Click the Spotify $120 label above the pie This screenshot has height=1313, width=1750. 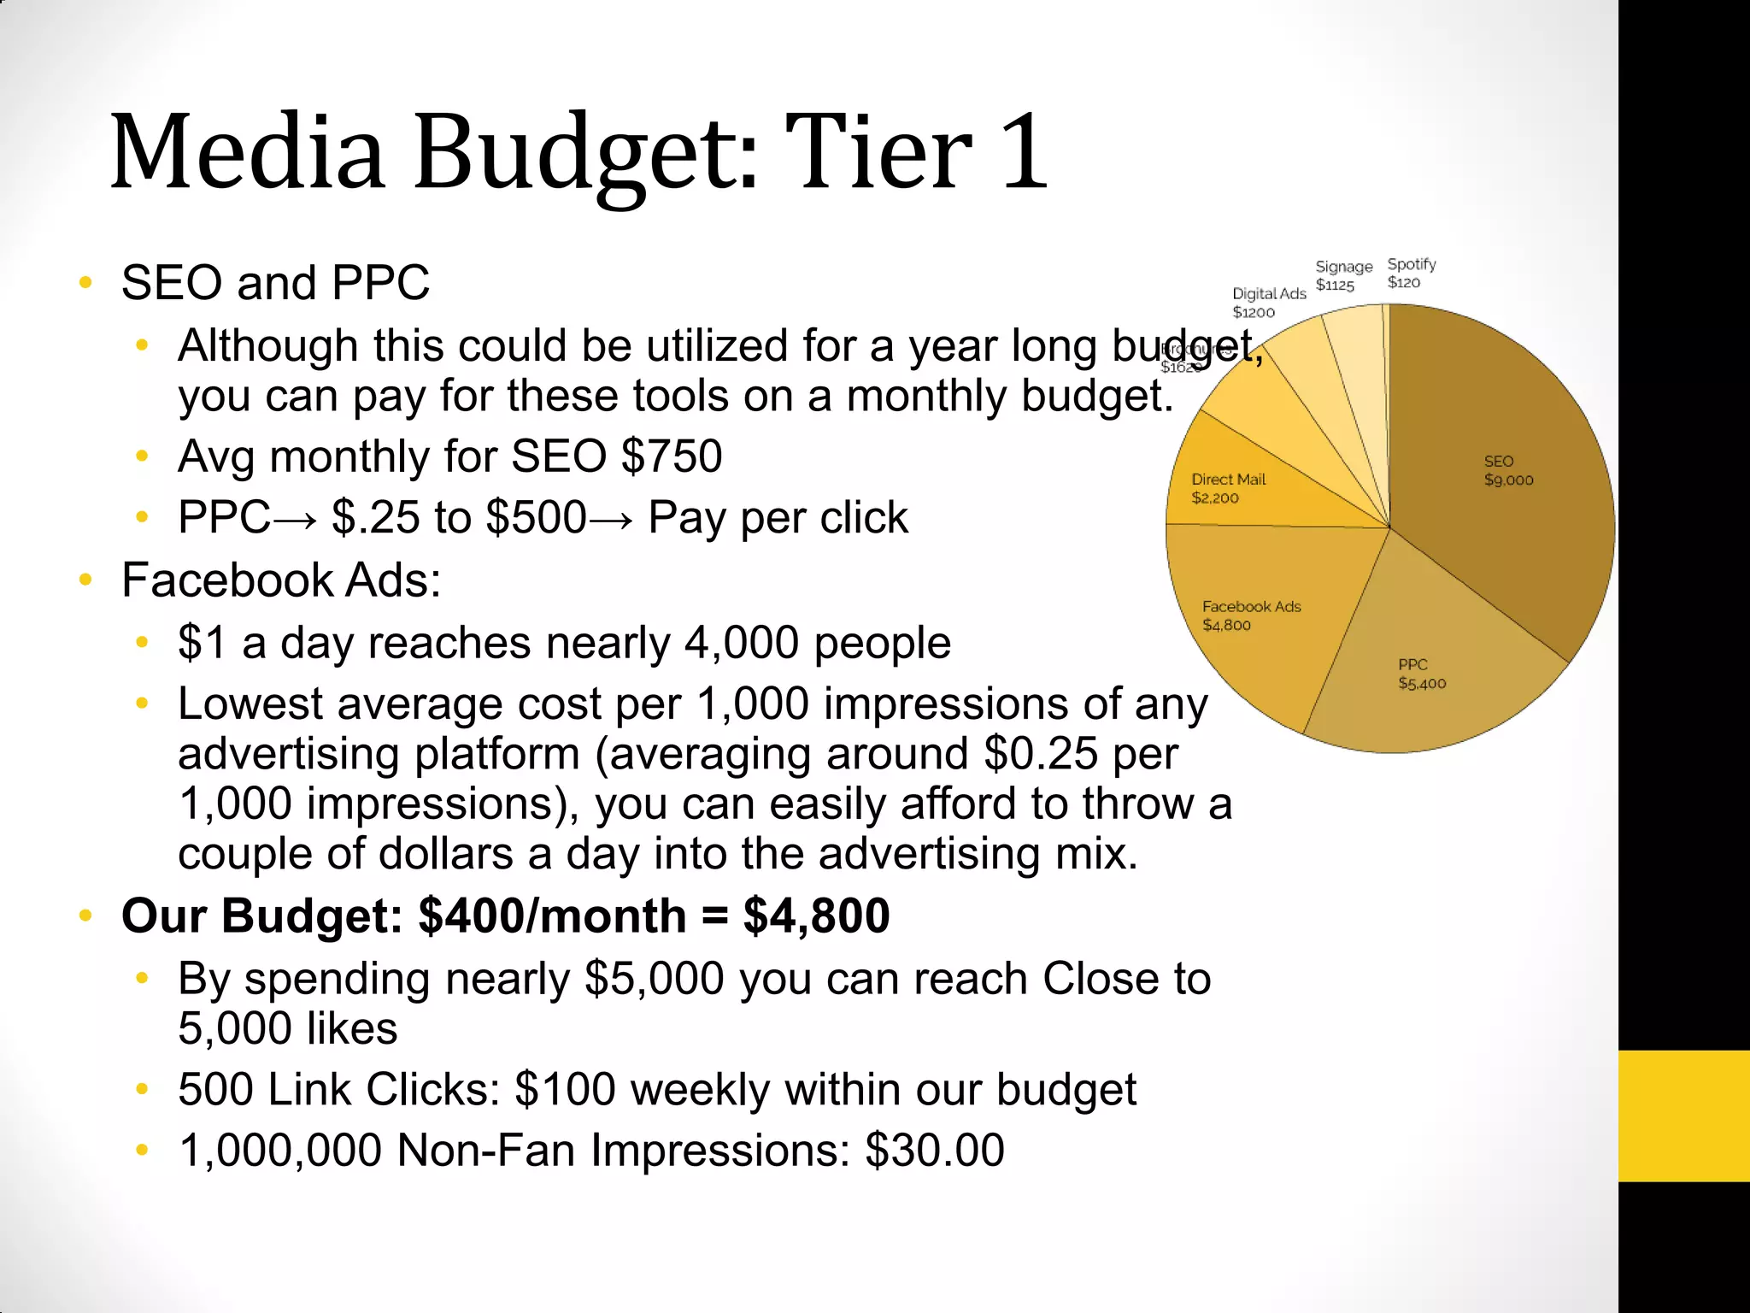click(1411, 274)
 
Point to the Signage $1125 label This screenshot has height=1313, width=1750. click(1342, 276)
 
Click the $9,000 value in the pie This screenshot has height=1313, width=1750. click(1508, 480)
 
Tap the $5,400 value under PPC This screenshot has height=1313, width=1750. click(1422, 683)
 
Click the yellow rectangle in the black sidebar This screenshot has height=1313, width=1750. click(1683, 1116)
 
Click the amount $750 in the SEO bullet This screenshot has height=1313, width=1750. click(672, 456)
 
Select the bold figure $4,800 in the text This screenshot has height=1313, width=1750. click(816, 916)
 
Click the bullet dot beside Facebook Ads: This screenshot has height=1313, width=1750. click(85, 580)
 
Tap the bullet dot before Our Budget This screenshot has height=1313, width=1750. click(85, 916)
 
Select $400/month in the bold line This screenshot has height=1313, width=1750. click(552, 916)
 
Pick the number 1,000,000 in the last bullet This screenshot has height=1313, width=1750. click(279, 1151)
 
